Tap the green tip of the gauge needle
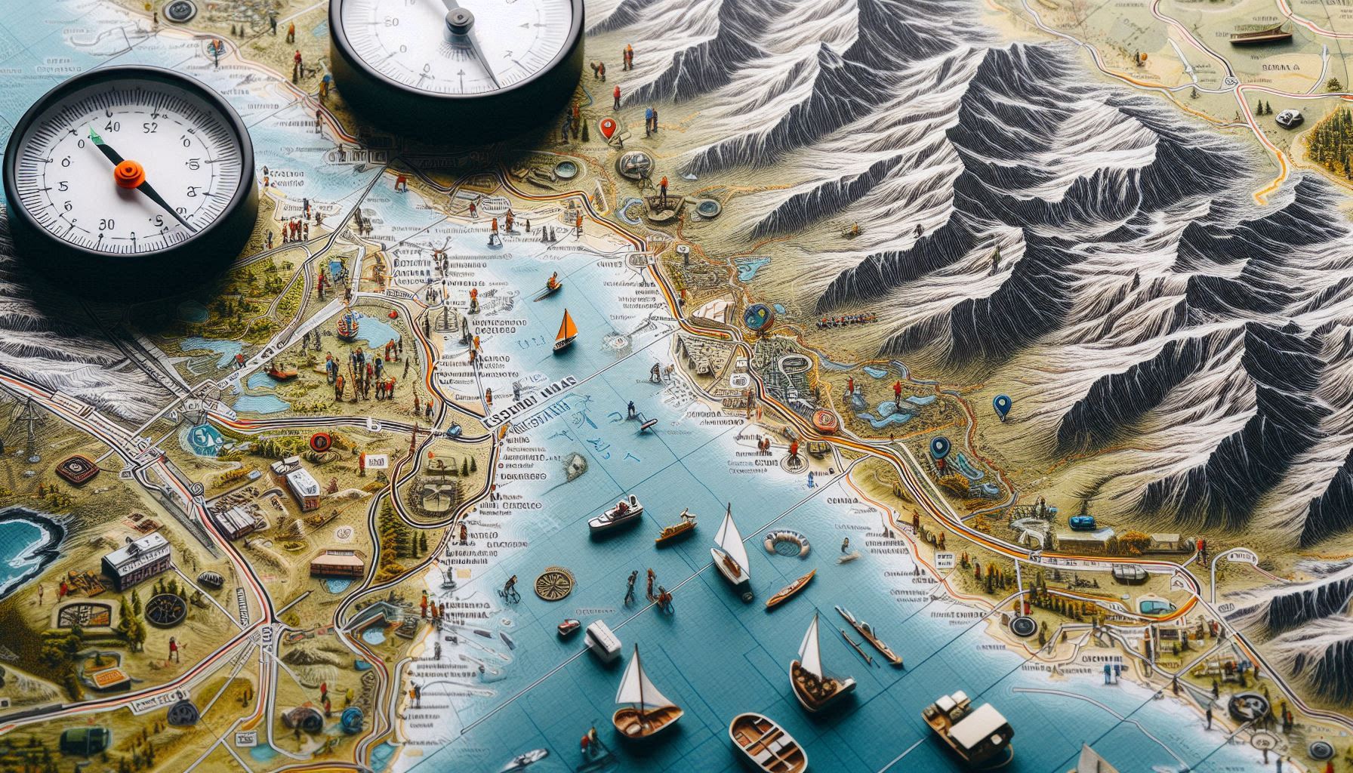point(94,135)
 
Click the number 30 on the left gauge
point(106,224)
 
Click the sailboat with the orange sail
point(564,331)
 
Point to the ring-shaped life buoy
point(786,543)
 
